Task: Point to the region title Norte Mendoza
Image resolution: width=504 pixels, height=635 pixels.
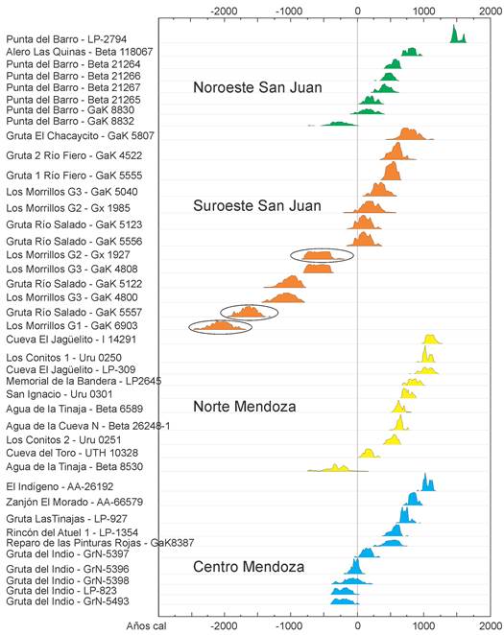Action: [x=246, y=406]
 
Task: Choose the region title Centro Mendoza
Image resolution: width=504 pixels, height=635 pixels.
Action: [x=250, y=567]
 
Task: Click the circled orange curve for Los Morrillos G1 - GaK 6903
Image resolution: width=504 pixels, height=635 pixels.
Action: [x=221, y=327]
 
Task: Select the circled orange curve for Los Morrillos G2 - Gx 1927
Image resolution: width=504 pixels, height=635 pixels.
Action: [x=322, y=255]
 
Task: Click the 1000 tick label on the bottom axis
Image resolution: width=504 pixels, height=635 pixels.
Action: [x=424, y=624]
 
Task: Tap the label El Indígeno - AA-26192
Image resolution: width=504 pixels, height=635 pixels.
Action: [x=60, y=486]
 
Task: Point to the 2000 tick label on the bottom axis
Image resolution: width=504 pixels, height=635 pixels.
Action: [x=490, y=624]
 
